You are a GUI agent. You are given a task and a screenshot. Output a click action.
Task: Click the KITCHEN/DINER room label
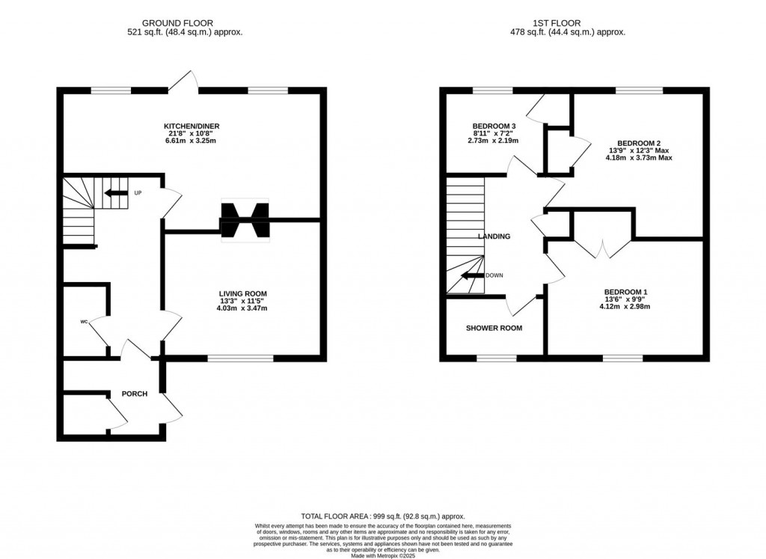point(191,126)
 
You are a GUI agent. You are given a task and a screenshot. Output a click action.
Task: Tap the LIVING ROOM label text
point(243,293)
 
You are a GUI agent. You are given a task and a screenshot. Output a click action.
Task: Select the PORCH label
point(135,394)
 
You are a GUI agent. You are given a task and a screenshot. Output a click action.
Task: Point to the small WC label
point(84,322)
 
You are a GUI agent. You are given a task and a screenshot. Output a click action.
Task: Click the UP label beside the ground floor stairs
point(138,193)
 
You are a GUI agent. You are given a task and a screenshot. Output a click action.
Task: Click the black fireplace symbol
point(245,220)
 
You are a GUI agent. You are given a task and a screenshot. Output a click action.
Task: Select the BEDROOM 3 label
point(494,126)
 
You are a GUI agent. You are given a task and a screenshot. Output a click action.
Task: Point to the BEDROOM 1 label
point(626,292)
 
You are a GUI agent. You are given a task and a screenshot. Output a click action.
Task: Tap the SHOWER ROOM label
point(494,328)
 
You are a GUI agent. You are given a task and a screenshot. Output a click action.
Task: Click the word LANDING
point(494,236)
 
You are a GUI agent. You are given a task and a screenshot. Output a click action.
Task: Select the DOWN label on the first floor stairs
point(494,275)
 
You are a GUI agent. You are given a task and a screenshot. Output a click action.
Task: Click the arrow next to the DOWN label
point(473,275)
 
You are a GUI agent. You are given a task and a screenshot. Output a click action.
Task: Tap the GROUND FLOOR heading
point(177,23)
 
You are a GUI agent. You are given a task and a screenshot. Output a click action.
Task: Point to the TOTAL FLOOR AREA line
point(383,516)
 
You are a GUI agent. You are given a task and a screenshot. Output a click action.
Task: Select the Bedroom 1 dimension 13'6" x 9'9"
point(625,299)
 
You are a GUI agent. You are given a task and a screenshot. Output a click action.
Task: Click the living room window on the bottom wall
point(240,358)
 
